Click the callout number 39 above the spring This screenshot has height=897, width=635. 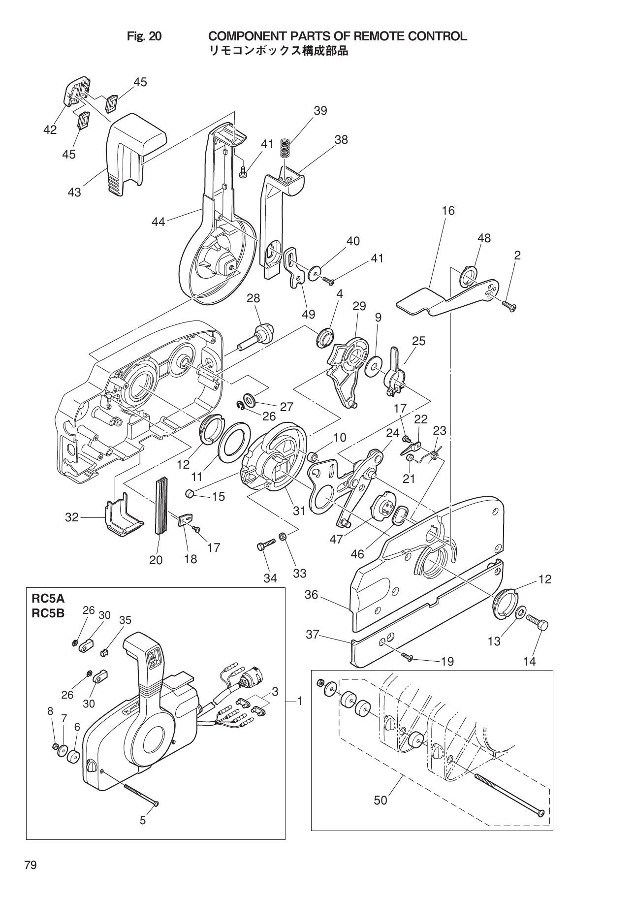pyautogui.click(x=320, y=111)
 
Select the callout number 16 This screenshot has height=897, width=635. pyautogui.click(x=448, y=211)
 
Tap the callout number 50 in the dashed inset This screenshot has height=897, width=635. pyautogui.click(x=381, y=800)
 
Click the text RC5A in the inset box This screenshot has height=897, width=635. pyautogui.click(x=48, y=599)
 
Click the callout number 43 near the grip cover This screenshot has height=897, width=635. pyautogui.click(x=74, y=192)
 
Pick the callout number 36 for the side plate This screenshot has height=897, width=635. pyautogui.click(x=312, y=595)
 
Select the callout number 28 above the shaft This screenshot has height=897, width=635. pyautogui.click(x=254, y=298)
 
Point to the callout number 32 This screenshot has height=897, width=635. pyautogui.click(x=72, y=517)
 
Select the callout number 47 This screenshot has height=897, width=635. pyautogui.click(x=336, y=540)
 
